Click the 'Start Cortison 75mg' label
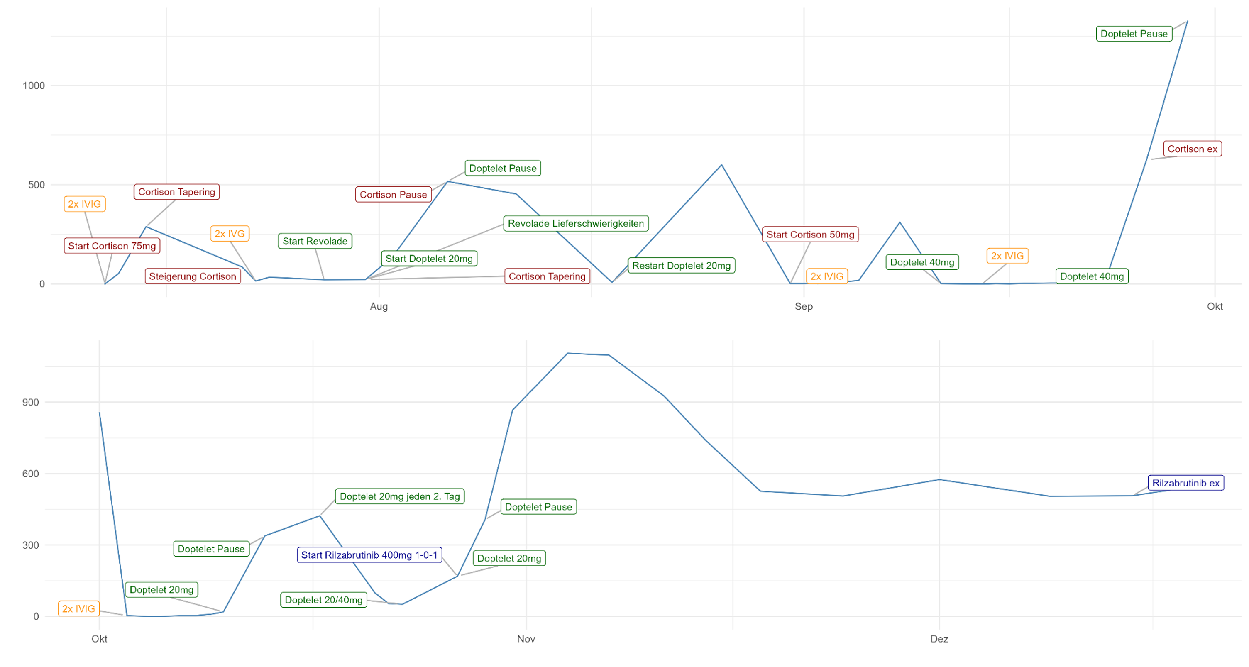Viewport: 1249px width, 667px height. (x=112, y=246)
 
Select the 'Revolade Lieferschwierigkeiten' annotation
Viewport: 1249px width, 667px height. (x=576, y=223)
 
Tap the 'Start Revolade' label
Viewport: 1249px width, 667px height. (x=315, y=241)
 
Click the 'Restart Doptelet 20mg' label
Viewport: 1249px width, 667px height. (x=681, y=265)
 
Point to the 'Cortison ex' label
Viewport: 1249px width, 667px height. (x=1192, y=149)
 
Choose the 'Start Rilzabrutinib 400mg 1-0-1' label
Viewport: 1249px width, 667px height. (x=369, y=555)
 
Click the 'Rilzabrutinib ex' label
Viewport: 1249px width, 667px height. (x=1185, y=483)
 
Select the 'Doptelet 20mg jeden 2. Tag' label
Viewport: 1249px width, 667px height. (x=400, y=496)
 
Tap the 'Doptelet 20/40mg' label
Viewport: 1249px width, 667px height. (x=323, y=600)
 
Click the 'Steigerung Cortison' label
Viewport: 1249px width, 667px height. (x=193, y=276)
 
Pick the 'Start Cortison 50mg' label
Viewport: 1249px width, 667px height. (x=810, y=235)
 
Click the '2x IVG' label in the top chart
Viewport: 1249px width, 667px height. (x=230, y=234)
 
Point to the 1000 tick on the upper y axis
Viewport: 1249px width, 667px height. (x=34, y=86)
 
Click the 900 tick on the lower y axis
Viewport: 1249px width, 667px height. (x=31, y=402)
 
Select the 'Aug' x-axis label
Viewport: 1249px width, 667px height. (x=379, y=306)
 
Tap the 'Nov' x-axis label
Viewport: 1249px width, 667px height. (x=526, y=639)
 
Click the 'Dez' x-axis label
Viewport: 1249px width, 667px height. (x=939, y=639)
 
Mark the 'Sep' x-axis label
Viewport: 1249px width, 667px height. (x=804, y=306)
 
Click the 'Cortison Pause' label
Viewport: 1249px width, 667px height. (x=393, y=194)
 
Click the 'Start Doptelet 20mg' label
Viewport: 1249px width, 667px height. (x=429, y=258)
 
